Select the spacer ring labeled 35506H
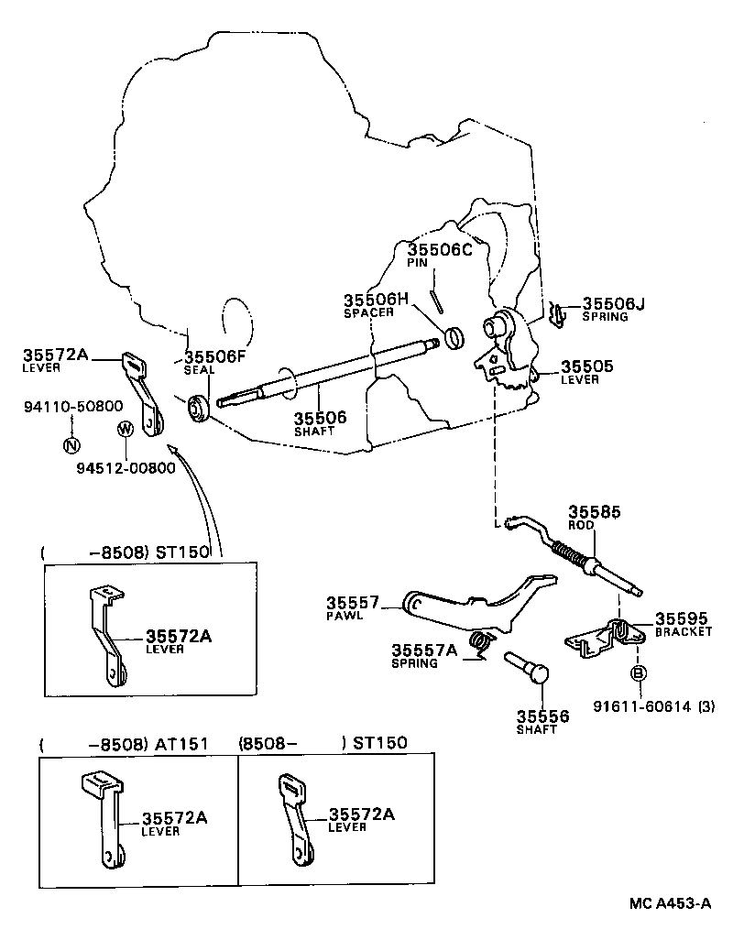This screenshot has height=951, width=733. (454, 338)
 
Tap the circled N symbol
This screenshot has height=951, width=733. (71, 445)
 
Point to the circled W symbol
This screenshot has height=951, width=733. (125, 428)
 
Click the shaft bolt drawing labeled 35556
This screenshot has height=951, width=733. (526, 665)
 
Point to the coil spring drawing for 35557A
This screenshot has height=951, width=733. (479, 644)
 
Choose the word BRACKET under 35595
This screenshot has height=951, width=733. (683, 631)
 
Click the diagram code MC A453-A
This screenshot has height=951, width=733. (669, 902)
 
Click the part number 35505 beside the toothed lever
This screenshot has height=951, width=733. (587, 366)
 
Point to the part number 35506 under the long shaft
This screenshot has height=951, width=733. (320, 418)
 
